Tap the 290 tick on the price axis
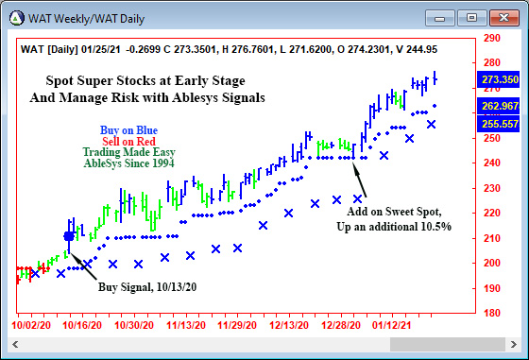491,39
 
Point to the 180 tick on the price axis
491,312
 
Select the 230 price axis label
491,188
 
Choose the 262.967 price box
501,105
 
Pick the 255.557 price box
501,124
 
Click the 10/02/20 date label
30,325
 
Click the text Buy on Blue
128,129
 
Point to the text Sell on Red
128,141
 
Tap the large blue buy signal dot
68,236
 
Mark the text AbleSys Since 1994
128,163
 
